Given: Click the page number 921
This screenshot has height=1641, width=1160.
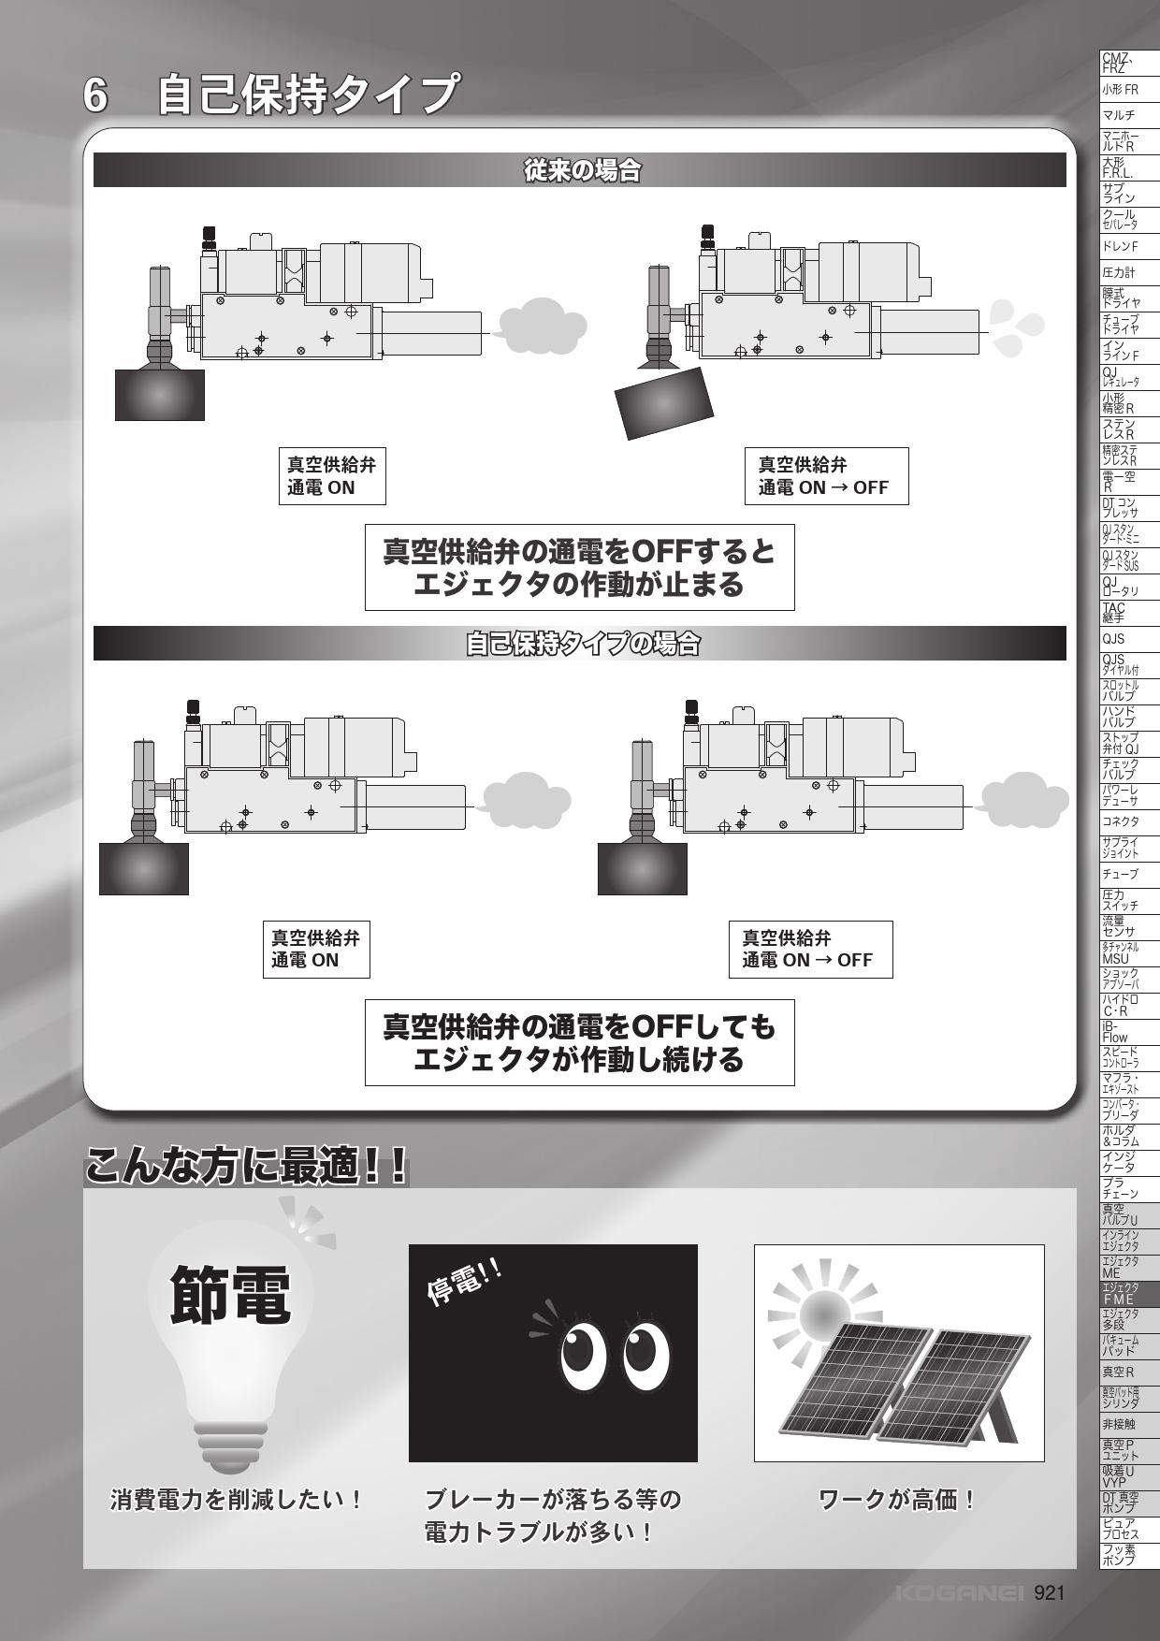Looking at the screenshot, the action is [x=1049, y=1592].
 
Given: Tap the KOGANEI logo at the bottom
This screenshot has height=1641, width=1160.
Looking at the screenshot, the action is [x=959, y=1592].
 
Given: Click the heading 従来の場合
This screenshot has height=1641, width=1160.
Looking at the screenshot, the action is [x=580, y=171].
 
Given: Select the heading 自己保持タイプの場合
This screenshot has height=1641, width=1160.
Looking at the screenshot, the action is [x=581, y=644].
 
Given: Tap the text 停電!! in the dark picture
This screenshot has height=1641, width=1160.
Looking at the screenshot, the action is [x=464, y=1283].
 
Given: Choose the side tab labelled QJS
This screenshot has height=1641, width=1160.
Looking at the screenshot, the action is [x=1130, y=639].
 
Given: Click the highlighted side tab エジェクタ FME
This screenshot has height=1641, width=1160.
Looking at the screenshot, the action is [x=1130, y=1293].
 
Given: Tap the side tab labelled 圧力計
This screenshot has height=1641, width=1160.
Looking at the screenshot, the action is [x=1130, y=272].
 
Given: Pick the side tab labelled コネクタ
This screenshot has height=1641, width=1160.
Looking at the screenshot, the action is [x=1130, y=821].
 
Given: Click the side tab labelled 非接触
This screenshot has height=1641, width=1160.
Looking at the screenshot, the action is [x=1130, y=1424].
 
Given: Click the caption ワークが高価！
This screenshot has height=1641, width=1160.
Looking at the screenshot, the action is [x=898, y=1500].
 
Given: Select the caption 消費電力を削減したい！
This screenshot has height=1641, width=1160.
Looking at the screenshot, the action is [x=237, y=1500].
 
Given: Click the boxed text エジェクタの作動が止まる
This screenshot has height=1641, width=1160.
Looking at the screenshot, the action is [x=579, y=585].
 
